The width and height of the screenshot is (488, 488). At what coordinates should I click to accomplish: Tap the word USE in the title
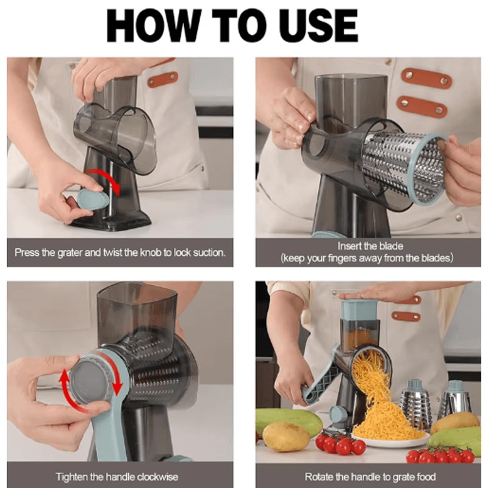click(x=313, y=26)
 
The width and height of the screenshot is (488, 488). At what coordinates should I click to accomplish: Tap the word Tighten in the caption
click(x=72, y=476)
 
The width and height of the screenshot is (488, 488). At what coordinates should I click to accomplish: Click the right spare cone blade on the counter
click(x=456, y=402)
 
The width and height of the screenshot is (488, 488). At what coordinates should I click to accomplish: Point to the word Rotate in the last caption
click(x=319, y=476)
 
